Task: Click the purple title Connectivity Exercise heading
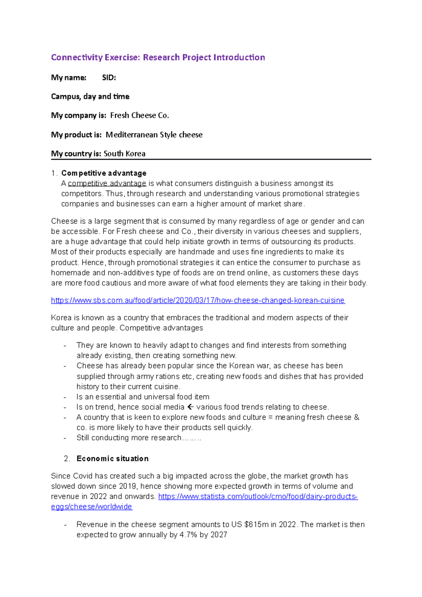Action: point(158,57)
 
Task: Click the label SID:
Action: point(109,78)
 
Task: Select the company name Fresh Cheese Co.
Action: point(140,115)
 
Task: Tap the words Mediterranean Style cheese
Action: point(154,135)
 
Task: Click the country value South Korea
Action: point(124,154)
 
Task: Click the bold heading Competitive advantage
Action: point(104,173)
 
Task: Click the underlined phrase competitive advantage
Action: point(107,184)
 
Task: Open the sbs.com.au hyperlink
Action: point(198,300)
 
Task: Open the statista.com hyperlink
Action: point(258,496)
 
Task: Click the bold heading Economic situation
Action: point(113,458)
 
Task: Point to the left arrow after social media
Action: point(190,407)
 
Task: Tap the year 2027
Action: point(219,535)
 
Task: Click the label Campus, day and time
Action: point(90,97)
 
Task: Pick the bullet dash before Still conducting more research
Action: point(65,438)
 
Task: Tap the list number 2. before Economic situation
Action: point(67,458)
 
